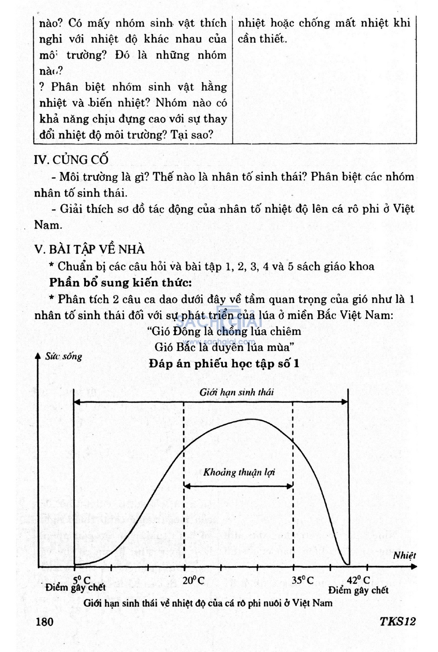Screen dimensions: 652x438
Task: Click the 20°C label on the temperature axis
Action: (193, 580)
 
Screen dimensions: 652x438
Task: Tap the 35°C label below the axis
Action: (302, 580)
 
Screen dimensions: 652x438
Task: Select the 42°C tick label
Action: (358, 580)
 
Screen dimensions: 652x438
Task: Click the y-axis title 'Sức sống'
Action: (64, 356)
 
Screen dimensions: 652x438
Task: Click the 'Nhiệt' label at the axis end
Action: (404, 555)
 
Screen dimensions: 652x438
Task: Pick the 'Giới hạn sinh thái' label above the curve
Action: (237, 392)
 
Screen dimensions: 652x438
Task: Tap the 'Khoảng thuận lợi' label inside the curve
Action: (239, 472)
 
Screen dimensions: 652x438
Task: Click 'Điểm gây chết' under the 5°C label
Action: (75, 587)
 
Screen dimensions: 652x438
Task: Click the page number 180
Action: (44, 621)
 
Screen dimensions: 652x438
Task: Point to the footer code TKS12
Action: (397, 621)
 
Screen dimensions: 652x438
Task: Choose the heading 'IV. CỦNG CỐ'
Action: (71, 159)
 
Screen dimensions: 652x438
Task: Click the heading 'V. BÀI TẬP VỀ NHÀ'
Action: (89, 249)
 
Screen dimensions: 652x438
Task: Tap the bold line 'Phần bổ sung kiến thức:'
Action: (120, 282)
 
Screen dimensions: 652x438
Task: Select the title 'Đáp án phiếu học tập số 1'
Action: (224, 364)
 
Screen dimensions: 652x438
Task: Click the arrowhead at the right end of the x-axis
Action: (413, 567)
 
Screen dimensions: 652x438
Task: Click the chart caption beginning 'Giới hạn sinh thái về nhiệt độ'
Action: (208, 603)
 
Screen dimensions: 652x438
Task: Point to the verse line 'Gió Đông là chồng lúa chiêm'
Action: (224, 331)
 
